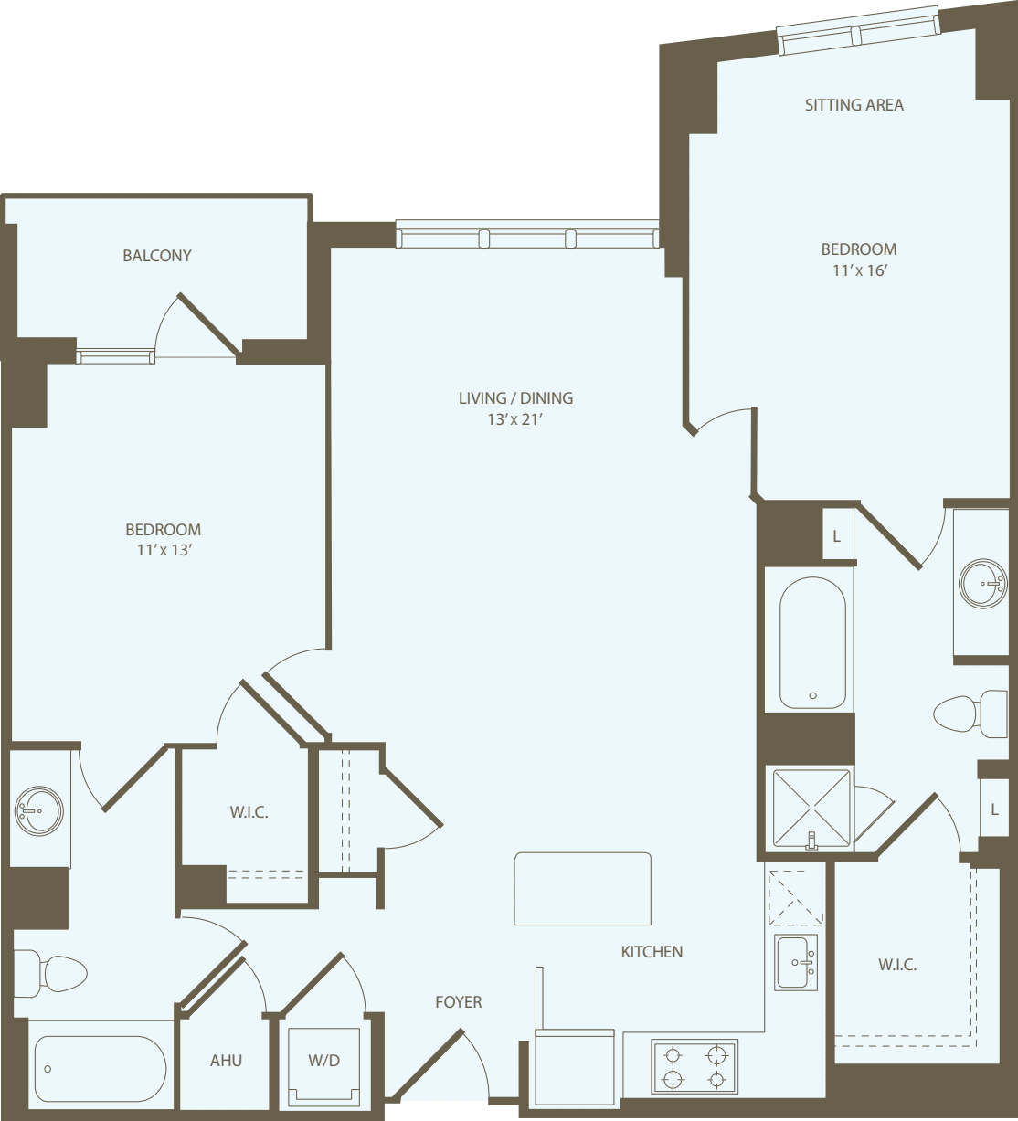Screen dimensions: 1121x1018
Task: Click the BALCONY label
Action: coord(157,256)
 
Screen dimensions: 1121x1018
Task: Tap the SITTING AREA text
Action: coord(854,105)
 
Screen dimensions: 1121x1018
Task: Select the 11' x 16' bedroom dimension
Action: coord(860,270)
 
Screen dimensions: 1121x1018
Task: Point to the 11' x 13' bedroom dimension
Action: coord(164,550)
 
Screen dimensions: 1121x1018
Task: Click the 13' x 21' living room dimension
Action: coord(515,419)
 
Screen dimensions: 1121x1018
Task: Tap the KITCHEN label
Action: coord(652,952)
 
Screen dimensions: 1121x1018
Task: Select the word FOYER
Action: coord(458,1002)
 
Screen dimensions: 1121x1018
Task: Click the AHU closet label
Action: coord(226,1061)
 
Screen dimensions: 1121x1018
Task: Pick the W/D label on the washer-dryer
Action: coord(323,1061)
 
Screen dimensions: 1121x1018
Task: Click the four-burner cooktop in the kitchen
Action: coord(695,1066)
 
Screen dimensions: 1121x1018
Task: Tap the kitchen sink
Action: coord(796,962)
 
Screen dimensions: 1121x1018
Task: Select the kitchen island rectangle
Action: coord(583,889)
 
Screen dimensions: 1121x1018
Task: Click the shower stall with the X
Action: coord(811,809)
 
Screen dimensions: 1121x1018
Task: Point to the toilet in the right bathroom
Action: coord(970,714)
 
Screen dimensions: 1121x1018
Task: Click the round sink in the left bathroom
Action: coord(39,810)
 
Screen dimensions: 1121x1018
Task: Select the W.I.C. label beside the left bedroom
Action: coord(249,812)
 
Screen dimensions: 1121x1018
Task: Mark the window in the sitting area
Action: coord(858,35)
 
